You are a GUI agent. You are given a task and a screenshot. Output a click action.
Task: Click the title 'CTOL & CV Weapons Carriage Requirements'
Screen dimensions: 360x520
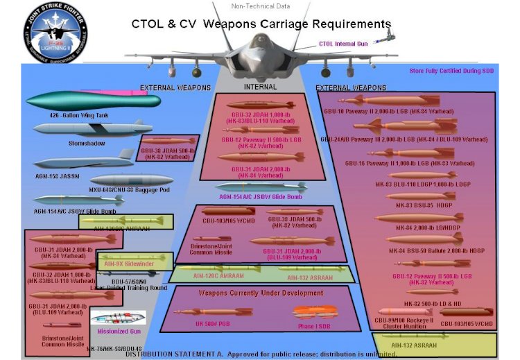[x=261, y=24]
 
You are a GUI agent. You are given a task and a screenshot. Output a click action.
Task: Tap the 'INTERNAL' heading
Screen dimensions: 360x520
[x=260, y=87]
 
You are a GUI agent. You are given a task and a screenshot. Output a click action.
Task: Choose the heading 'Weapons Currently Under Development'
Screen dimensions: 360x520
[x=261, y=293]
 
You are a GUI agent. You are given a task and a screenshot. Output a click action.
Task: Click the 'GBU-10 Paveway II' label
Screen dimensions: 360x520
[x=409, y=111]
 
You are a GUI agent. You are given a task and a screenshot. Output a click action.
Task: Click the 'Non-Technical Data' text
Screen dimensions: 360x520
[x=260, y=6]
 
